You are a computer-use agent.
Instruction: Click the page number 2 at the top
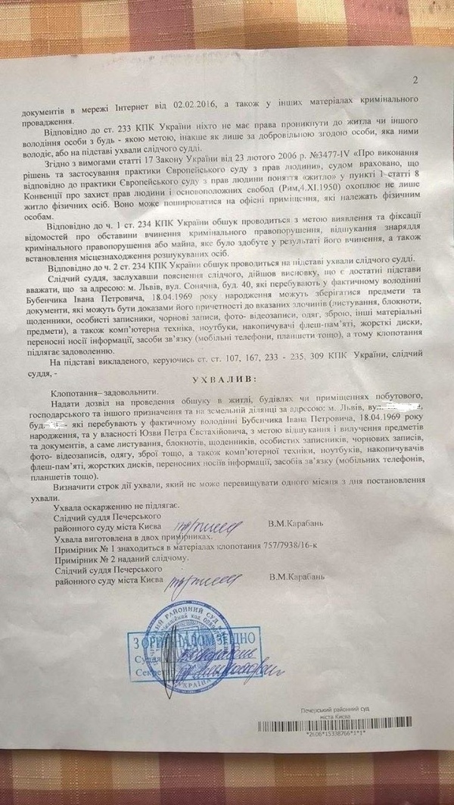tap(414, 81)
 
